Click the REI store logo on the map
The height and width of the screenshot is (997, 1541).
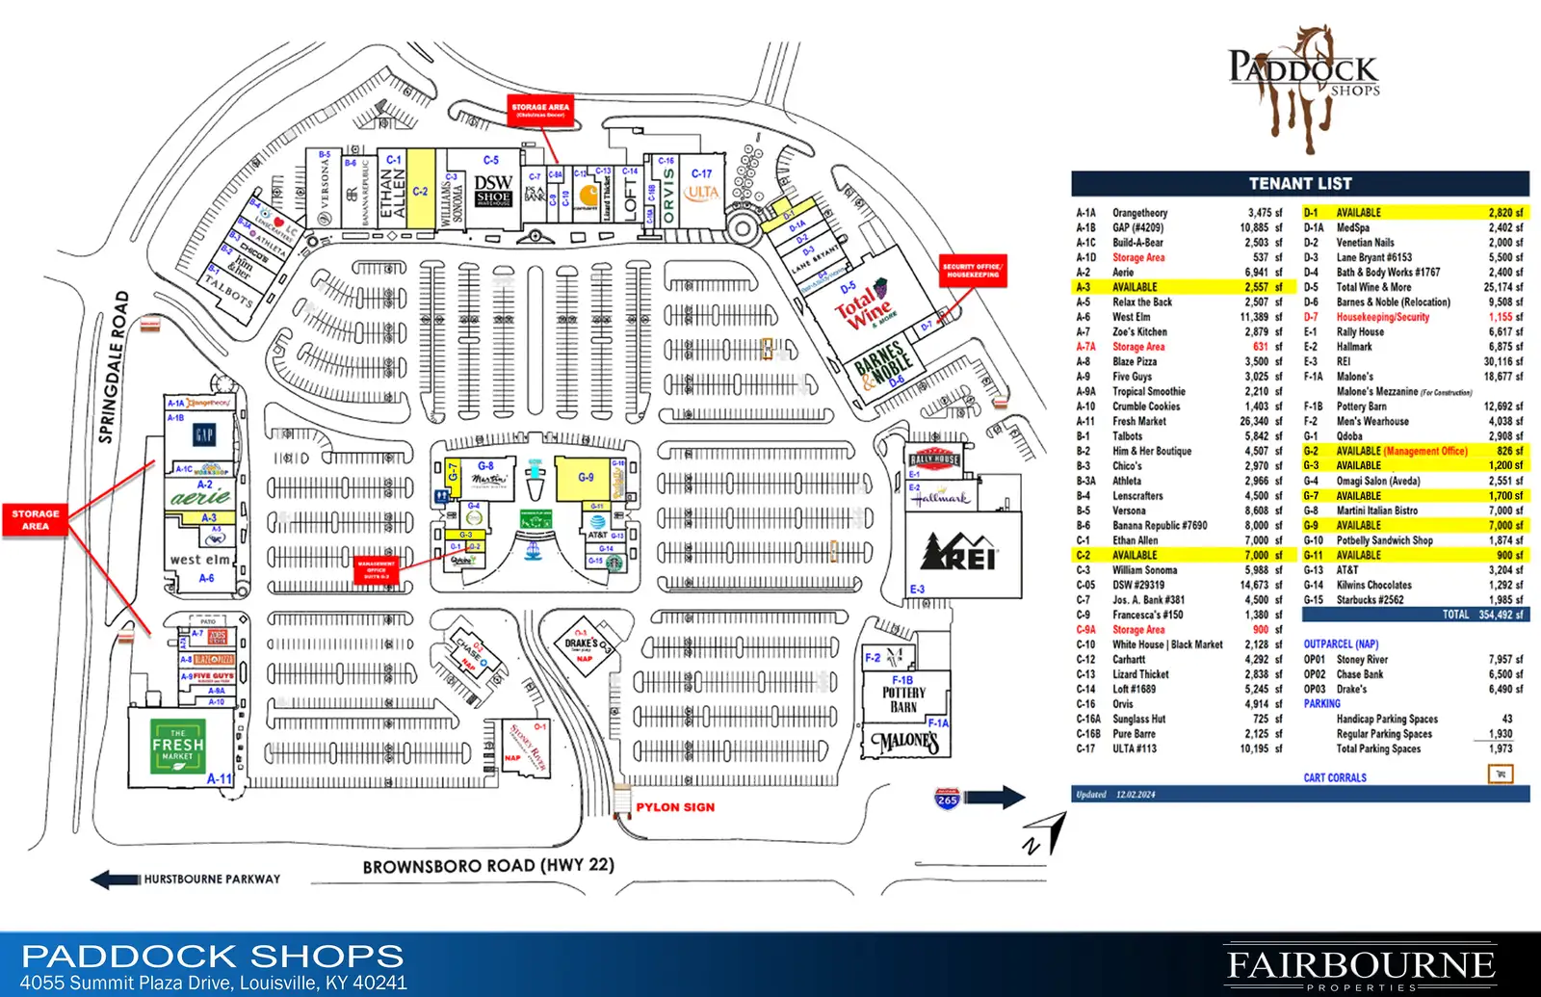coord(959,553)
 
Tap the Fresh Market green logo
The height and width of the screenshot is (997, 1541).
coord(178,745)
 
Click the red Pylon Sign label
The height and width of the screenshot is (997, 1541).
coord(675,807)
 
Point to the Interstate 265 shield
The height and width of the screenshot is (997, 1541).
coord(947,798)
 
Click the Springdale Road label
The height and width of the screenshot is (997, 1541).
coord(114,366)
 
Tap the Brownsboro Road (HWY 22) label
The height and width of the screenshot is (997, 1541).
coord(487,865)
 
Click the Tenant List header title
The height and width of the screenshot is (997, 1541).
coord(1300,183)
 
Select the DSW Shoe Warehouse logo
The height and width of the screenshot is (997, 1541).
coord(493,190)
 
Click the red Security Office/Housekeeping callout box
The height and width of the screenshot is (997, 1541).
coord(973,271)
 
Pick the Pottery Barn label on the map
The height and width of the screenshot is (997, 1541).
coord(903,699)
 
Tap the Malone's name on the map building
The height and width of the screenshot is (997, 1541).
coord(904,742)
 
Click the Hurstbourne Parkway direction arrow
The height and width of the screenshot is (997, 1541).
coord(116,879)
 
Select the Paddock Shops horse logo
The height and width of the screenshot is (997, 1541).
coord(1303,87)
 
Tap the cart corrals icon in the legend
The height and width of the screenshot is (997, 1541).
coord(1500,774)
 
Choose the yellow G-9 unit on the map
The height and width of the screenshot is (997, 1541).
coord(586,478)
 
